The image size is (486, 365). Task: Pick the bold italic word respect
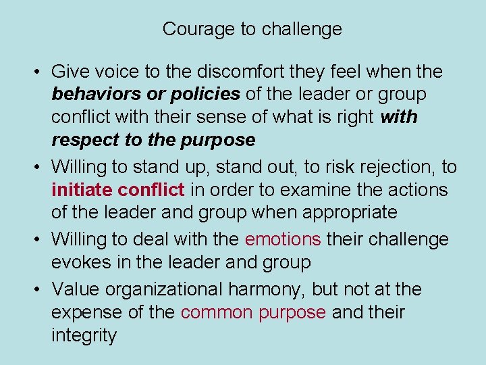click(x=84, y=140)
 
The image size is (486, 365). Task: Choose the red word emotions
click(x=283, y=239)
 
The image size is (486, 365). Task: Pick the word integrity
click(x=84, y=335)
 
